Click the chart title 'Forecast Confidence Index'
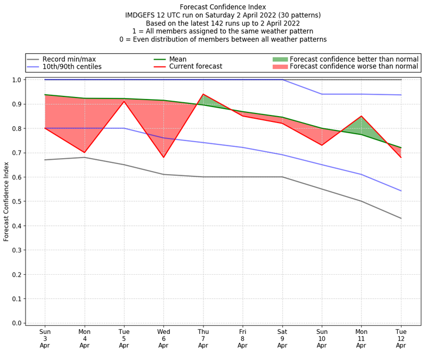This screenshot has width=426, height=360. (223, 7)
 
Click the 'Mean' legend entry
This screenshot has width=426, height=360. (178, 59)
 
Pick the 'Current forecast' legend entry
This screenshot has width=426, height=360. (195, 67)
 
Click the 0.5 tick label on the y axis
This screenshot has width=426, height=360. (17, 201)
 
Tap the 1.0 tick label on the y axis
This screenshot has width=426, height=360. (17, 80)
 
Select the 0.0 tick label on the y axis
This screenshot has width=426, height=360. (17, 323)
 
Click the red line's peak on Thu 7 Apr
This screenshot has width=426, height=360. (203, 94)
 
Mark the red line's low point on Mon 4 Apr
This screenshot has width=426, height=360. (85, 152)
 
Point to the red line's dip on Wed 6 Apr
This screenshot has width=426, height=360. (163, 157)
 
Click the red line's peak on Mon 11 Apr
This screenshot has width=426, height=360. (362, 116)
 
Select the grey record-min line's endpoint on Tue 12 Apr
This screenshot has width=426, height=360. (401, 218)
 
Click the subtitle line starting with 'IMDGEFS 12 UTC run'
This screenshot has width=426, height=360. (223, 15)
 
